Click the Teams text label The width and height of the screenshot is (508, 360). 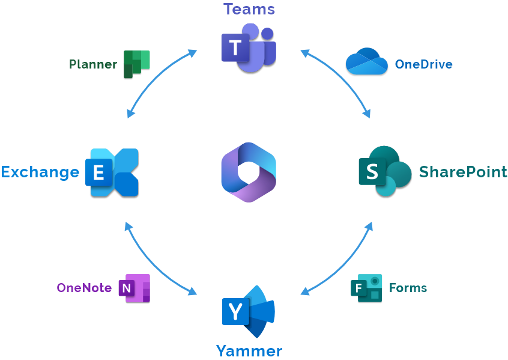click(249, 9)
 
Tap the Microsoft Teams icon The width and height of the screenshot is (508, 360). click(249, 48)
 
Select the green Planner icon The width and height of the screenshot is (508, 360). click(136, 64)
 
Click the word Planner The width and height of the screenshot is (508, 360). click(93, 64)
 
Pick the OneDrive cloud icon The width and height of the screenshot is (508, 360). click(367, 61)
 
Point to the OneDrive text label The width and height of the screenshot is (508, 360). click(424, 64)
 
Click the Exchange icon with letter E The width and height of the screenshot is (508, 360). click(112, 172)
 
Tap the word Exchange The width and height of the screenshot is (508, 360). click(40, 172)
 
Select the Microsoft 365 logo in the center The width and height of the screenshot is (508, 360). click(249, 172)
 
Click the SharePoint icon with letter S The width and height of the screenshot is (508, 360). click(386, 171)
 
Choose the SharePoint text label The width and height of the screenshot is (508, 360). click(463, 171)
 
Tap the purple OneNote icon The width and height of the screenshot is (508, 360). click(134, 288)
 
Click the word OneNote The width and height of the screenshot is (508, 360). click(84, 288)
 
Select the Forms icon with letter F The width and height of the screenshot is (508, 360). click(366, 288)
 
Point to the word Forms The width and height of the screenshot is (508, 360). click(408, 288)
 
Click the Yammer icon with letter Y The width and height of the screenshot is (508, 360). click(249, 312)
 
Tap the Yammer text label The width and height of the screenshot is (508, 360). click(249, 351)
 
